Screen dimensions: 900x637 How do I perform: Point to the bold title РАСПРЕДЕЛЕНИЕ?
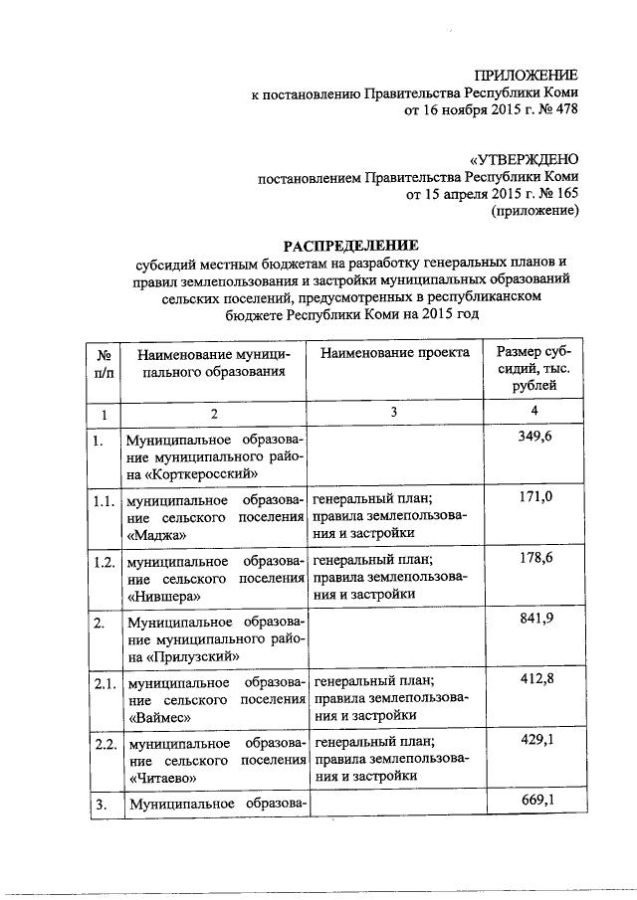coord(349,246)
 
